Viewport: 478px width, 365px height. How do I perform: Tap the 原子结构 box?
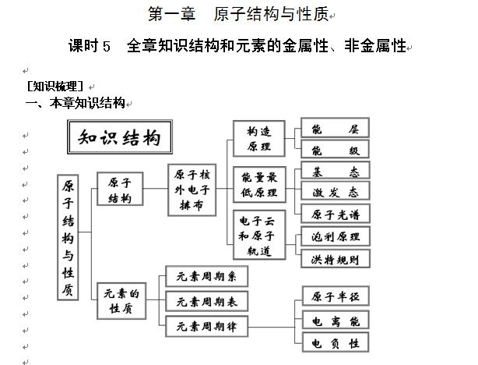[x=119, y=189]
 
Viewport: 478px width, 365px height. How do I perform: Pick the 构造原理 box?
[x=259, y=138]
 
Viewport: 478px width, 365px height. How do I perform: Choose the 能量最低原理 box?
[x=259, y=185]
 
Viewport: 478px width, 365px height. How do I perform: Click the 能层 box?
[x=335, y=128]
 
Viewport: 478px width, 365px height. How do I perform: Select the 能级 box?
[x=335, y=150]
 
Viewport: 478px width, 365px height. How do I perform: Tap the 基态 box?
[x=335, y=171]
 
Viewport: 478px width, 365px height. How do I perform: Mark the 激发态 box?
[x=335, y=192]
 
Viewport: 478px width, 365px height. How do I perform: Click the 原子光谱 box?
[x=335, y=214]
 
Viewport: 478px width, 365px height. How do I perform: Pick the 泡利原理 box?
[x=335, y=236]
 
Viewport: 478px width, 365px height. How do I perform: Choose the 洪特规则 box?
[x=335, y=258]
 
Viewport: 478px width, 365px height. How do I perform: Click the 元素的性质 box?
[x=119, y=301]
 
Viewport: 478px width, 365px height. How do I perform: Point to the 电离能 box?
[x=336, y=320]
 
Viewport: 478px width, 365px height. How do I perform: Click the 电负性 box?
[x=336, y=342]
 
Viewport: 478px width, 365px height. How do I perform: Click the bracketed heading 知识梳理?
[x=54, y=87]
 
